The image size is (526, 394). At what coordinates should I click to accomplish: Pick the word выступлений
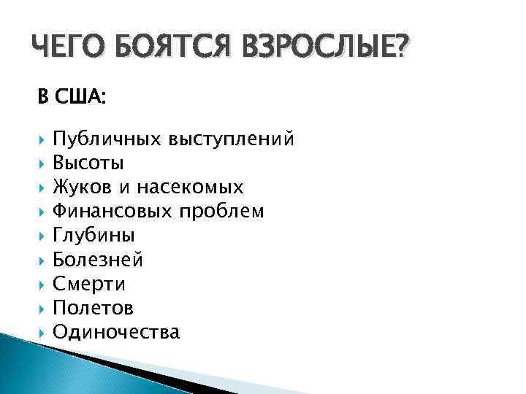[232, 138]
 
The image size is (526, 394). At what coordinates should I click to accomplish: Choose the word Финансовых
[115, 212]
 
